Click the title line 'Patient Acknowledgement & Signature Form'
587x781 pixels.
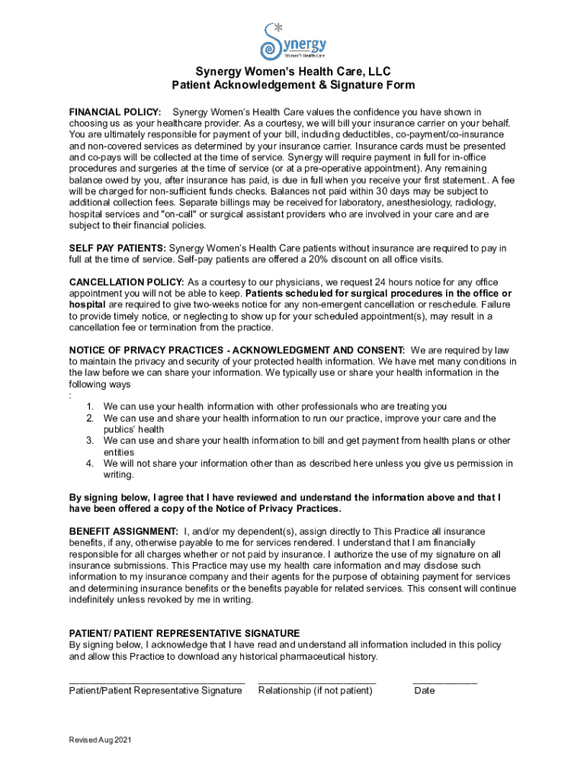[293, 85]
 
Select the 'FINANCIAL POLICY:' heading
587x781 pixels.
[115, 112]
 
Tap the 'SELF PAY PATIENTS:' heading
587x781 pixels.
[117, 249]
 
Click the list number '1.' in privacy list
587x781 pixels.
[89, 407]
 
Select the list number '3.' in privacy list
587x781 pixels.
[89, 441]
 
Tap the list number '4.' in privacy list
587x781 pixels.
[89, 464]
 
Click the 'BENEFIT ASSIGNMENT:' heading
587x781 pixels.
[123, 531]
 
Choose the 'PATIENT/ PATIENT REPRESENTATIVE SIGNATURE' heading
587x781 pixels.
[184, 633]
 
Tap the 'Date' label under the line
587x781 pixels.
[425, 691]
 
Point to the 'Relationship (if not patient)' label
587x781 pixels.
[316, 691]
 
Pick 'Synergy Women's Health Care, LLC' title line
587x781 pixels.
[293, 72]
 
